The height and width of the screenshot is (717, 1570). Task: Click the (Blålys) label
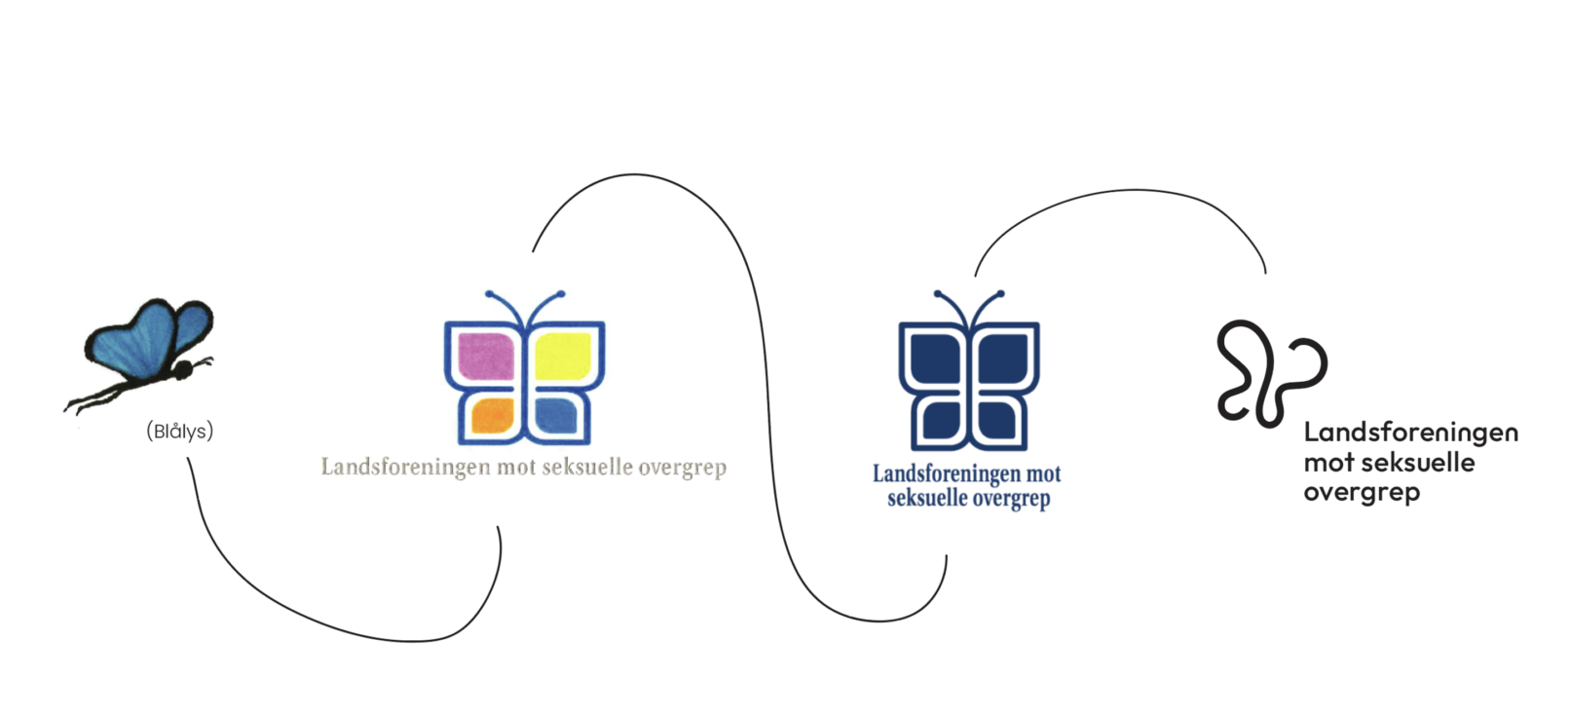click(x=179, y=431)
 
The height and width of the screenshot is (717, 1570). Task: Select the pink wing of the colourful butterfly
click(x=485, y=355)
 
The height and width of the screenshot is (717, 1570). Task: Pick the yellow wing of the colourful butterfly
click(x=563, y=355)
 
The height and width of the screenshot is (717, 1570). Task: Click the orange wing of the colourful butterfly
click(x=493, y=416)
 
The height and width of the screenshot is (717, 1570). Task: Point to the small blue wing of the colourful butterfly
click(x=557, y=416)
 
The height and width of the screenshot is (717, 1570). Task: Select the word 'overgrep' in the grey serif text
click(x=683, y=469)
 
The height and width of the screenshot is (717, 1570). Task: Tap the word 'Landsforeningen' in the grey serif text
click(x=405, y=468)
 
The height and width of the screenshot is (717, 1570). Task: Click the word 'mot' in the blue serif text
click(x=1044, y=474)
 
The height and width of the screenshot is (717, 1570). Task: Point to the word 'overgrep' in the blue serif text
click(x=1005, y=499)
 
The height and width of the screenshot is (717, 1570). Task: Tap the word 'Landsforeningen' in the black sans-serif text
click(x=1410, y=432)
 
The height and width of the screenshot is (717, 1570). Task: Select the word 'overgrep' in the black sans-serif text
click(x=1362, y=492)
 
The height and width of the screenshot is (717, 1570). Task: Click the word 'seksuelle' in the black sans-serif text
click(x=1418, y=462)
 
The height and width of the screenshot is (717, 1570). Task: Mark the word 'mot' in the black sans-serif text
click(x=1328, y=462)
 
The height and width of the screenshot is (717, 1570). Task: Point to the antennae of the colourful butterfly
click(x=525, y=304)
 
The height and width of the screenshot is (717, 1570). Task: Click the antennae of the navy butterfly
click(x=969, y=304)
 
